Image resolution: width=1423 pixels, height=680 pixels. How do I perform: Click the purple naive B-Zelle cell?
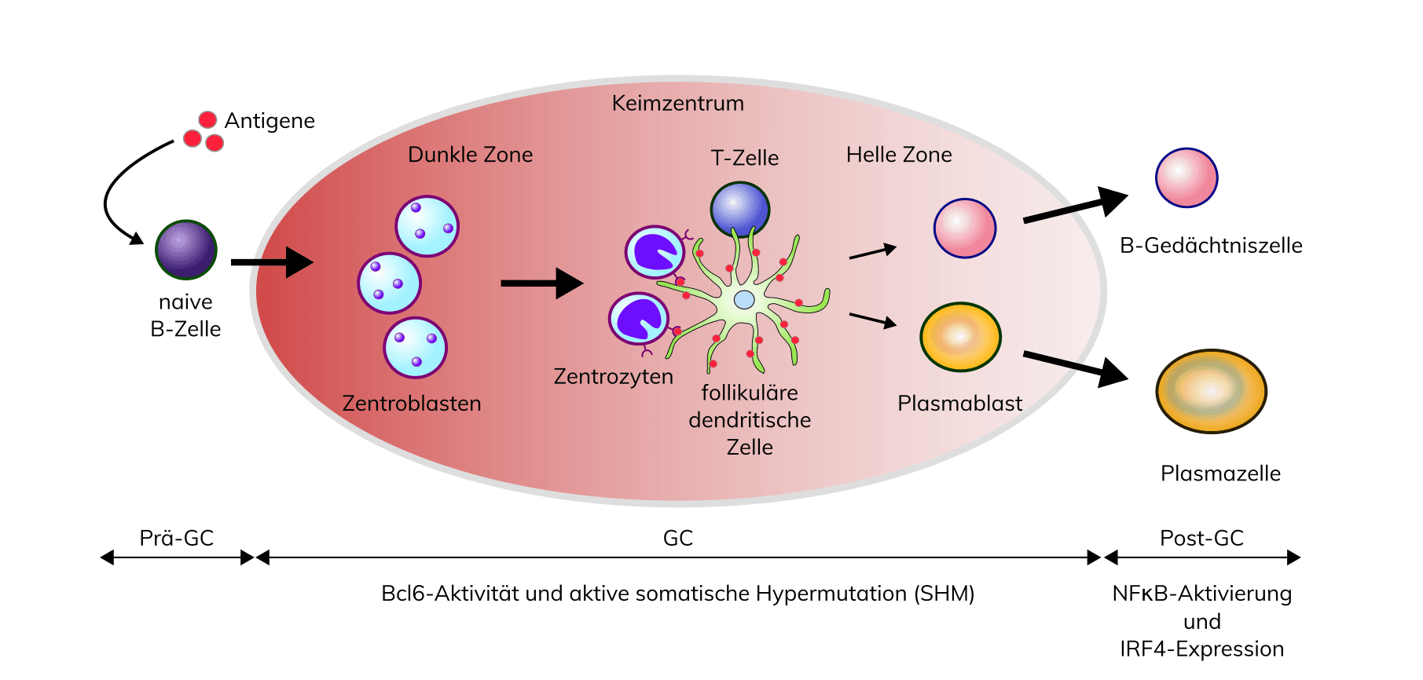pyautogui.click(x=186, y=250)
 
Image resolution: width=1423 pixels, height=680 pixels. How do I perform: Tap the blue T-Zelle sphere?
pyautogui.click(x=739, y=210)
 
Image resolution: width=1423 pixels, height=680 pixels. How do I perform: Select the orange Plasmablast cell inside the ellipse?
pyautogui.click(x=960, y=337)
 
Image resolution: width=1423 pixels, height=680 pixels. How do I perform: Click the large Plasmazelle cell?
pyautogui.click(x=1211, y=391)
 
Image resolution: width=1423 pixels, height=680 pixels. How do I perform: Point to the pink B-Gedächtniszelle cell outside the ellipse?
pyautogui.click(x=1186, y=178)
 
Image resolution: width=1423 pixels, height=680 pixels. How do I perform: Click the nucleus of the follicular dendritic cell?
pyautogui.click(x=744, y=299)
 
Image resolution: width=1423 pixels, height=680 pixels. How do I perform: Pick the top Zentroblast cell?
pyautogui.click(x=427, y=226)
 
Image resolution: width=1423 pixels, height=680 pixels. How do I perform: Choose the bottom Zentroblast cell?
pyautogui.click(x=415, y=348)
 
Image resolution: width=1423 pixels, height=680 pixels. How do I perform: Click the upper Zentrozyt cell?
pyautogui.click(x=655, y=252)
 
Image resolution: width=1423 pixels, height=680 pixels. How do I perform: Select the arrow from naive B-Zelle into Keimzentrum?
pyautogui.click(x=271, y=262)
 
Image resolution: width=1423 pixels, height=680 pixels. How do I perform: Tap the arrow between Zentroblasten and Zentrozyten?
pyautogui.click(x=541, y=283)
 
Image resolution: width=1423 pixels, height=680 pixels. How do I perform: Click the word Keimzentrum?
pyautogui.click(x=677, y=103)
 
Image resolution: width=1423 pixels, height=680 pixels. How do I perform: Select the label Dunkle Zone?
pyautogui.click(x=470, y=155)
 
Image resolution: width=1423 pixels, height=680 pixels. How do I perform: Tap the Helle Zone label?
pyautogui.click(x=899, y=155)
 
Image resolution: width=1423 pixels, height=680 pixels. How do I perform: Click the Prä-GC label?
pyautogui.click(x=177, y=538)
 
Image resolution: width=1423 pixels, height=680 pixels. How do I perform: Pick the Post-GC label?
pyautogui.click(x=1201, y=538)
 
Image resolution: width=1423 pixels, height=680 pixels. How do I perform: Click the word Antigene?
pyautogui.click(x=270, y=120)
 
